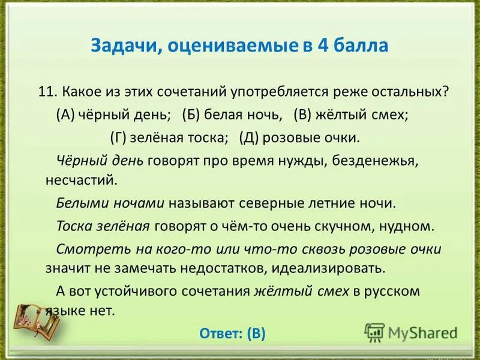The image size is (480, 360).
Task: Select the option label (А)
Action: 66,115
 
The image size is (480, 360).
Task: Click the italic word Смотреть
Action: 83,248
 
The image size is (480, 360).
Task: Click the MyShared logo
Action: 412,332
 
